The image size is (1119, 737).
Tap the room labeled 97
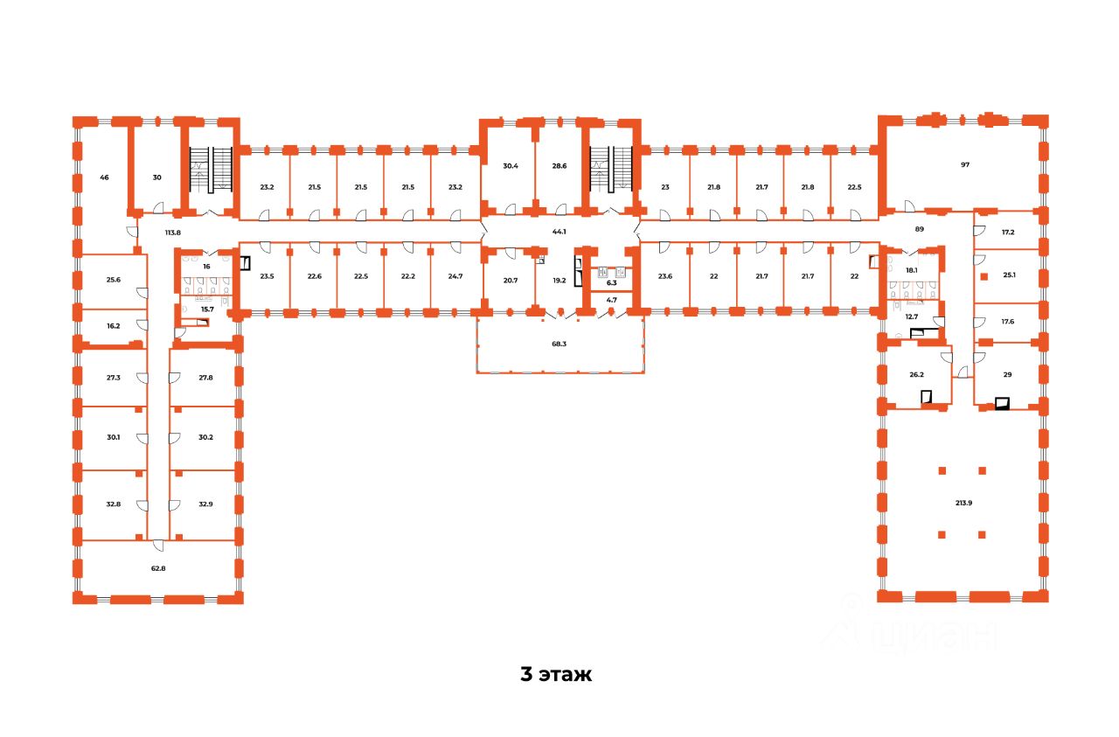[965, 164]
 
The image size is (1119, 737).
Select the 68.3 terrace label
[559, 344]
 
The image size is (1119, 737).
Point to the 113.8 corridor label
[172, 233]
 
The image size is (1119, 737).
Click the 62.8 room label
[157, 568]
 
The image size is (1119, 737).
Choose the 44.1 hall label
[559, 232]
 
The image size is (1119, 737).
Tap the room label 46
[104, 177]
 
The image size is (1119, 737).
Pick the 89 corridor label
[919, 228]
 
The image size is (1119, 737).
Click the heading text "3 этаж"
[556, 675]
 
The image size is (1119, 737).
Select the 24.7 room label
[455, 276]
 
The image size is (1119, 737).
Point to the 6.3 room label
[611, 283]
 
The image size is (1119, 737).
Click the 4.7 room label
[611, 301]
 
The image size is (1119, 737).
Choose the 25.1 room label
[1009, 275]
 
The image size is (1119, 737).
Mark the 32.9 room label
[206, 504]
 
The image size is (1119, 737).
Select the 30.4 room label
[511, 165]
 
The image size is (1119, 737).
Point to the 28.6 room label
[559, 165]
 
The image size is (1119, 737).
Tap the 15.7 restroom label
[207, 309]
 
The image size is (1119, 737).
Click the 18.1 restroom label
[912, 271]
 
